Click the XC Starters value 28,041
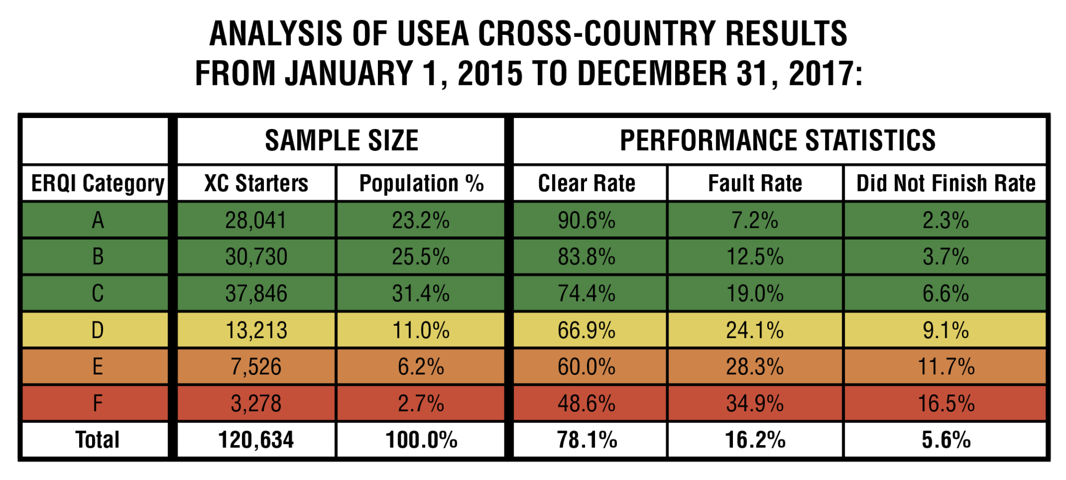256,220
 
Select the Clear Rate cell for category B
587,257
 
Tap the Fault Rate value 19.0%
755,294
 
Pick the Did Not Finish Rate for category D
945,330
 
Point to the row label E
97,367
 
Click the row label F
97,404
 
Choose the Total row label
97,440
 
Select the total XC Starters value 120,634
256,440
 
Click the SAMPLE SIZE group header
341,140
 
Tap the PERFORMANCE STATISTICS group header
778,140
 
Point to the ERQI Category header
97,184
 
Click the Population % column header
421,184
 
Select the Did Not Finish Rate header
945,184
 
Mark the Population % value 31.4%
421,294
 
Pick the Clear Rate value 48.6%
587,404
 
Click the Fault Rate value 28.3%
755,367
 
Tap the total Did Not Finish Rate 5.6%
945,440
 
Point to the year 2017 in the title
819,73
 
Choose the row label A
97,220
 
